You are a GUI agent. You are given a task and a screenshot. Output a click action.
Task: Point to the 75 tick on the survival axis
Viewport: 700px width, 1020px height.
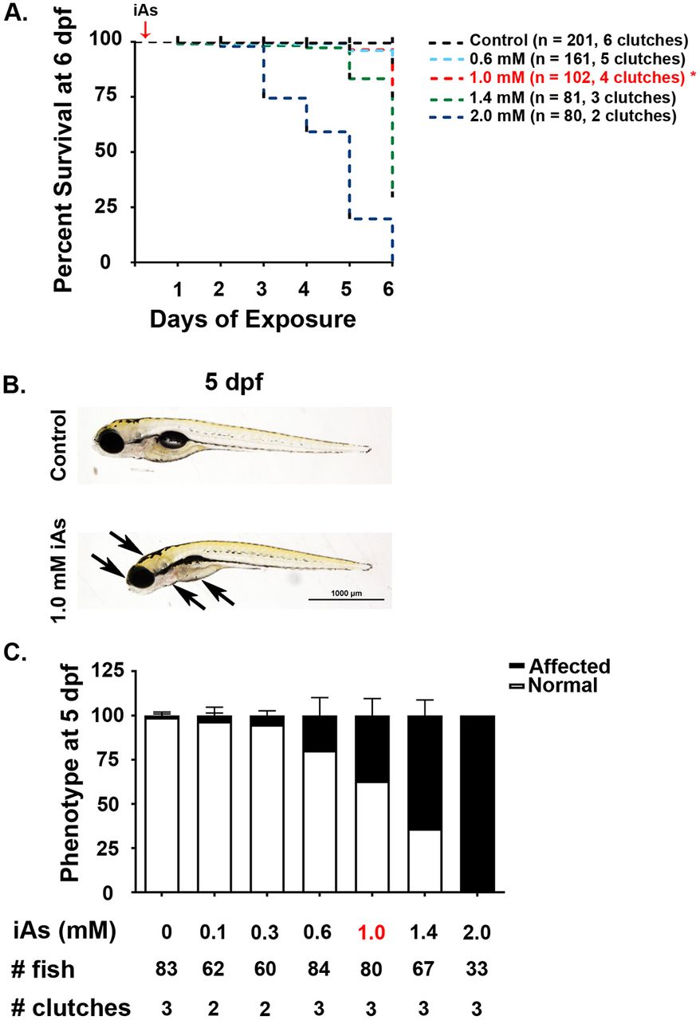tap(107, 96)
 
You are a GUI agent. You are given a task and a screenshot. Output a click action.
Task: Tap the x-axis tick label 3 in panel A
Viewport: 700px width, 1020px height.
tap(263, 287)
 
